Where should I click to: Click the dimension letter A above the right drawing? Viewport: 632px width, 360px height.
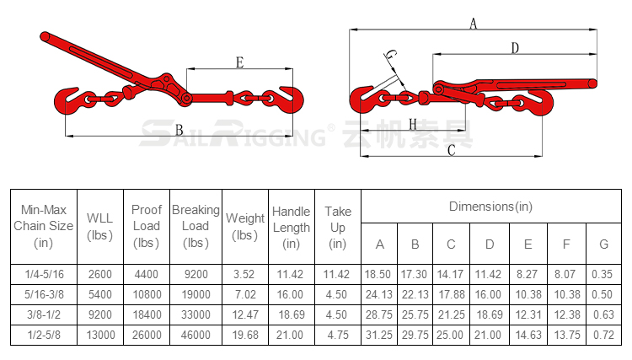[x=474, y=24]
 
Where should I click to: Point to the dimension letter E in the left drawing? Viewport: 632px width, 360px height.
[x=240, y=62]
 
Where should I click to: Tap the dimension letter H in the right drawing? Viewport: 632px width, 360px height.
[x=412, y=124]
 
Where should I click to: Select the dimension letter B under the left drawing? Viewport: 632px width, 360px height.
[x=179, y=130]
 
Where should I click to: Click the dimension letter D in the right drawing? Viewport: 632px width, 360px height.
[x=515, y=48]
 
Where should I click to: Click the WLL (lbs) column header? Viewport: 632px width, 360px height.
[x=100, y=227]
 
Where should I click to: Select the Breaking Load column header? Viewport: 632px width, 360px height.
[x=195, y=226]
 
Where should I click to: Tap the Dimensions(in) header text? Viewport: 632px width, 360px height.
[x=491, y=207]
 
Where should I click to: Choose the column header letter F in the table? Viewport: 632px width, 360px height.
[x=566, y=244]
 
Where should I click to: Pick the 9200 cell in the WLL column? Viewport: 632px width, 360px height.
[x=100, y=314]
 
